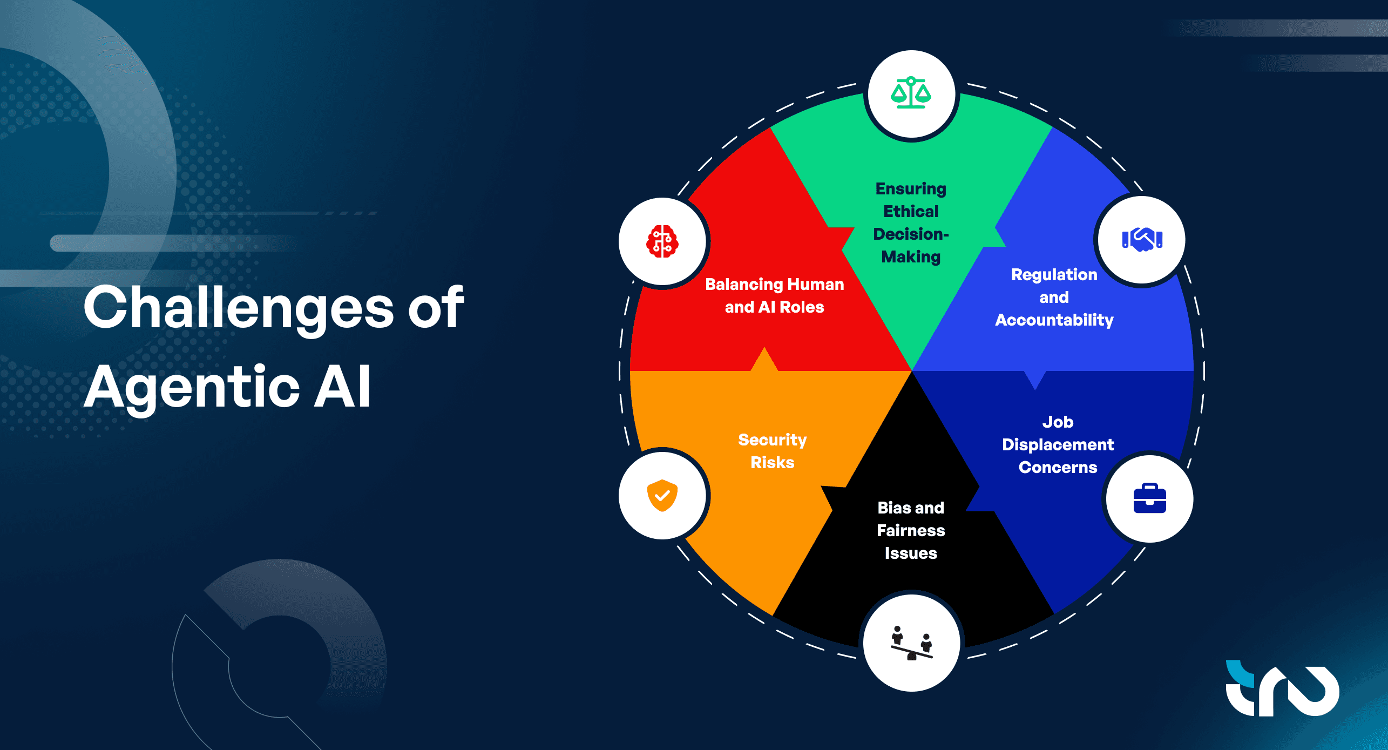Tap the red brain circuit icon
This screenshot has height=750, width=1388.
pos(662,241)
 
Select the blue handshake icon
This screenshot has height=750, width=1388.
pos(1142,239)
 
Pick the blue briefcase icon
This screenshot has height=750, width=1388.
pos(1149,498)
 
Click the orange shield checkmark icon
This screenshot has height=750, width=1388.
pos(662,495)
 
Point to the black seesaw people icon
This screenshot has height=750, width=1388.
pos(911,643)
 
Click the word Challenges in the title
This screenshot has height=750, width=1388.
pos(239,307)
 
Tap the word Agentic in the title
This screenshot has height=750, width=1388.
pos(192,387)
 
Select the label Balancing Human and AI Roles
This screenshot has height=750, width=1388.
pos(775,295)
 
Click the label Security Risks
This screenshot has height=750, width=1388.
pos(773,451)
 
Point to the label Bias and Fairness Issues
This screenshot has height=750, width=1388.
pos(911,530)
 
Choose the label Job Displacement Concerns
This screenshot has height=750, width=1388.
pos(1058,444)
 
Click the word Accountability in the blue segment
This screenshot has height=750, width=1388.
pos(1054,320)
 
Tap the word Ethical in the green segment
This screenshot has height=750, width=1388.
pos(911,211)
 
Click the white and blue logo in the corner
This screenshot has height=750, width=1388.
pos(1282,688)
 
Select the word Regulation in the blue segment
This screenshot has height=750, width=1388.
pos(1054,275)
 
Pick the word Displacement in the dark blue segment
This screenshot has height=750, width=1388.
pos(1058,445)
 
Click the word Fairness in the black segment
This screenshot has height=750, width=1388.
pos(911,530)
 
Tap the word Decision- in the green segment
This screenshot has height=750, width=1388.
pos(911,234)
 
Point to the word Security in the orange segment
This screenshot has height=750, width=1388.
pos(773,440)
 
